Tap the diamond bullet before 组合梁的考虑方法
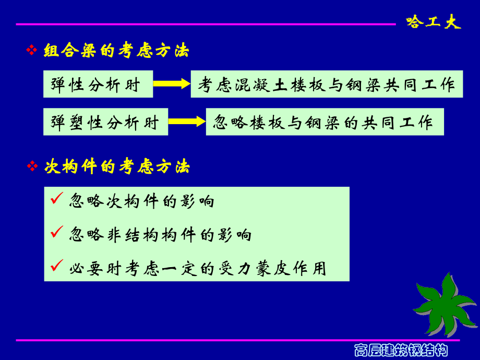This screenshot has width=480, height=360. point(31,51)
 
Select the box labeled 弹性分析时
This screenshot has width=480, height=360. point(98,84)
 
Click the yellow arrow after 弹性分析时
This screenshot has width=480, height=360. point(171,83)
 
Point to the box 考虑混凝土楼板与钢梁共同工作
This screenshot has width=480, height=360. point(327,84)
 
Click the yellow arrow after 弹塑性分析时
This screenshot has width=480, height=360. point(187,122)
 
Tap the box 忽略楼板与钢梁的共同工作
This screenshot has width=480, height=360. point(325,122)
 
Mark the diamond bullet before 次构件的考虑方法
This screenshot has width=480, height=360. point(31,166)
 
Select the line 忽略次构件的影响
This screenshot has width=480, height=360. point(141,201)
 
